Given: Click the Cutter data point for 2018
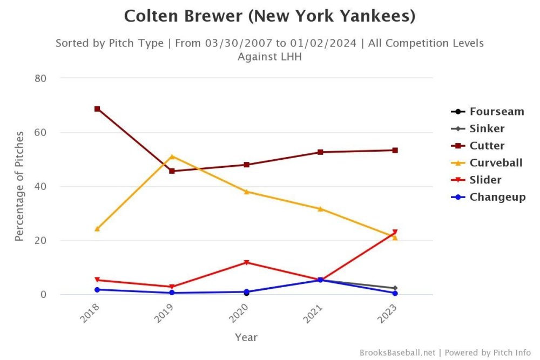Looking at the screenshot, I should point(97,109).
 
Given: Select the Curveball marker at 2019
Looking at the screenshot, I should point(172,157).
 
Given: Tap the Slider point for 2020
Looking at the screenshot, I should point(246,263).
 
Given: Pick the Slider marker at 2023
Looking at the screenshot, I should point(395,232).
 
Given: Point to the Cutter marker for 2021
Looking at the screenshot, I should point(320,152).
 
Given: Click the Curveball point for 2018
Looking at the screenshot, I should point(97,229).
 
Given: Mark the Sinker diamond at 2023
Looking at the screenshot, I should point(395,288).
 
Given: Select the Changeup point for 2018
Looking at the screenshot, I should point(97,290).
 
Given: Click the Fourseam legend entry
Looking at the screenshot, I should point(496,112).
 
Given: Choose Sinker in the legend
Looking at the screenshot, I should point(487,128).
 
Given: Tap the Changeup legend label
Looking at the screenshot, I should point(497,197).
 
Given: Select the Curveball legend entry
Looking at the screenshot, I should point(496,162).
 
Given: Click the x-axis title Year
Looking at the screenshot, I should point(246,338).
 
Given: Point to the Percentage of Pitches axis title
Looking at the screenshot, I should point(19,186).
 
